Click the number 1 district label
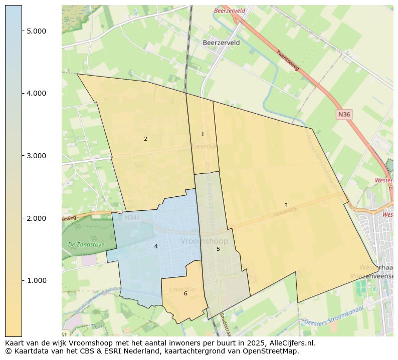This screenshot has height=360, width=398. tap(203, 134)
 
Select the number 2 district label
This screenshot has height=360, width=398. tap(145, 139)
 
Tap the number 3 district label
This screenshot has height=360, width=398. tap(286, 205)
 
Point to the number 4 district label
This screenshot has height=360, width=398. tap(156, 246)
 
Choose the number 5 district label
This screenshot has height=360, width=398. tap(218, 249)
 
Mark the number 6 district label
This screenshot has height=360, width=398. tap(185, 293)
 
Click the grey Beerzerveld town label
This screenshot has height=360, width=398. tap(221, 43)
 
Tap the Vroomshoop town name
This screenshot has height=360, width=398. tap(204, 241)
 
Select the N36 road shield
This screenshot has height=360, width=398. tap(344, 115)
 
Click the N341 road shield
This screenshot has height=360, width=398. tap(132, 218)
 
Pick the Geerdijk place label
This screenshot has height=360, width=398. tap(203, 147)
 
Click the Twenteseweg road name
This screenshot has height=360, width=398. tap(288, 60)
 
